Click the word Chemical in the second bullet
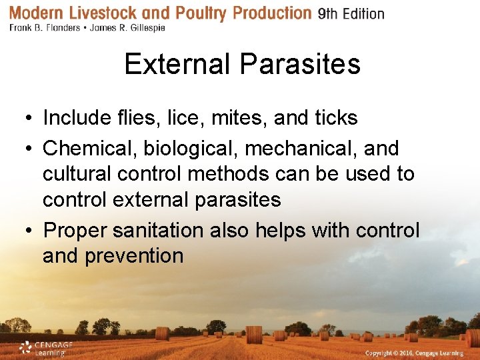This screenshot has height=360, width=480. [x=90, y=148]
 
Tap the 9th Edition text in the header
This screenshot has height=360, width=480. [x=351, y=14]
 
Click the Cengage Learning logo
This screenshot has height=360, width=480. [x=45, y=347]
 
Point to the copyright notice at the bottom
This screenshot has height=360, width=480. [x=418, y=351]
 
